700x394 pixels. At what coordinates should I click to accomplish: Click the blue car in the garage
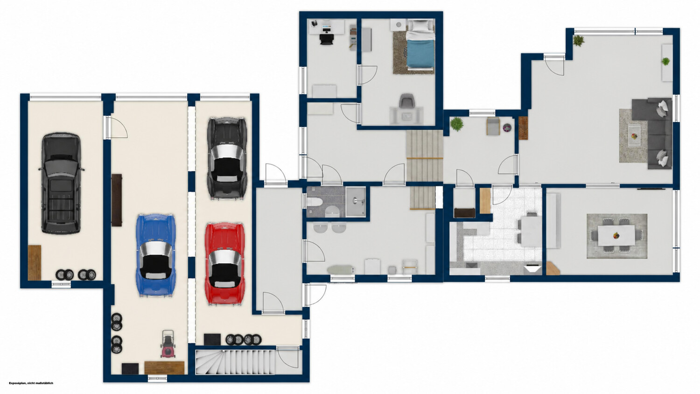tap(155, 255)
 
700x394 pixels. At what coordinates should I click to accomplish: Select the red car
tap(224, 264)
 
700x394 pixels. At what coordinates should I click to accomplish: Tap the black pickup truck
tap(61, 183)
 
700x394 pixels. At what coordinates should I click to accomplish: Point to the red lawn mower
tap(168, 344)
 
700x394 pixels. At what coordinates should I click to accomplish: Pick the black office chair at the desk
tap(327, 39)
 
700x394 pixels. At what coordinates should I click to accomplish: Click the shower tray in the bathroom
tap(355, 201)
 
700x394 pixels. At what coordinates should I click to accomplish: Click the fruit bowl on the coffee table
tap(634, 136)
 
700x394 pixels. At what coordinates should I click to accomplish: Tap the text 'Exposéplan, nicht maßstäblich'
tap(31, 383)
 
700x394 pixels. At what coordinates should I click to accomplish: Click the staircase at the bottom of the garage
tap(236, 362)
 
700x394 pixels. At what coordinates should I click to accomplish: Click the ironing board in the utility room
tap(341, 269)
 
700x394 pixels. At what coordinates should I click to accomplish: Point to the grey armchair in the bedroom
tap(406, 102)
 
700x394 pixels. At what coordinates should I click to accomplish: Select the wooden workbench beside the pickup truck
tap(35, 262)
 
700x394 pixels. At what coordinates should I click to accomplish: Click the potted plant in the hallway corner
tap(457, 124)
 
